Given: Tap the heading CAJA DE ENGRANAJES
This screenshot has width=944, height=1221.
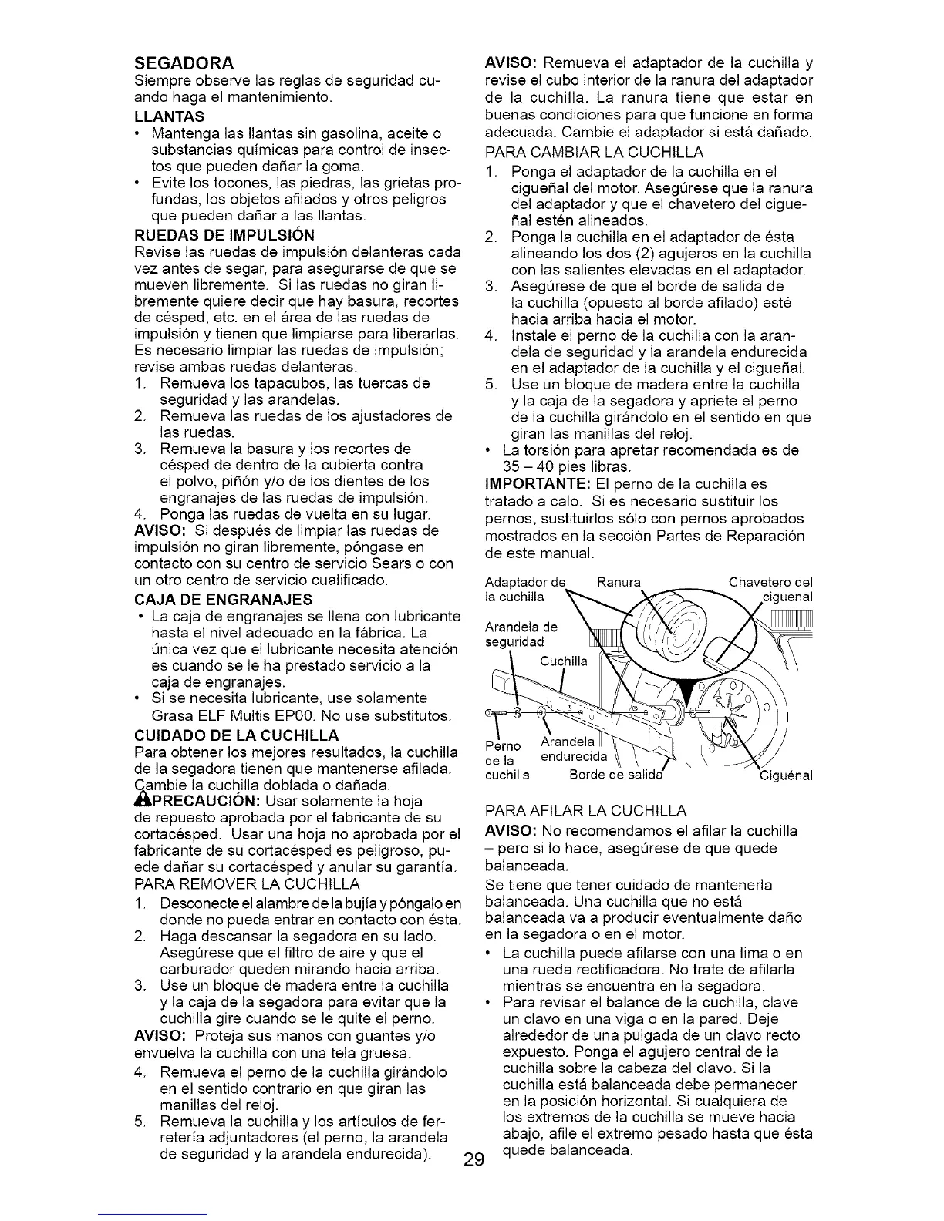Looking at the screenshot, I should pyautogui.click(x=213, y=599).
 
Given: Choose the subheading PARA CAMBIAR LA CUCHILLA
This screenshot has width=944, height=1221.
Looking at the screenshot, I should pyautogui.click(x=594, y=153).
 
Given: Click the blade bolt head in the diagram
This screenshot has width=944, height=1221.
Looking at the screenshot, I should pyautogui.click(x=494, y=709).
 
